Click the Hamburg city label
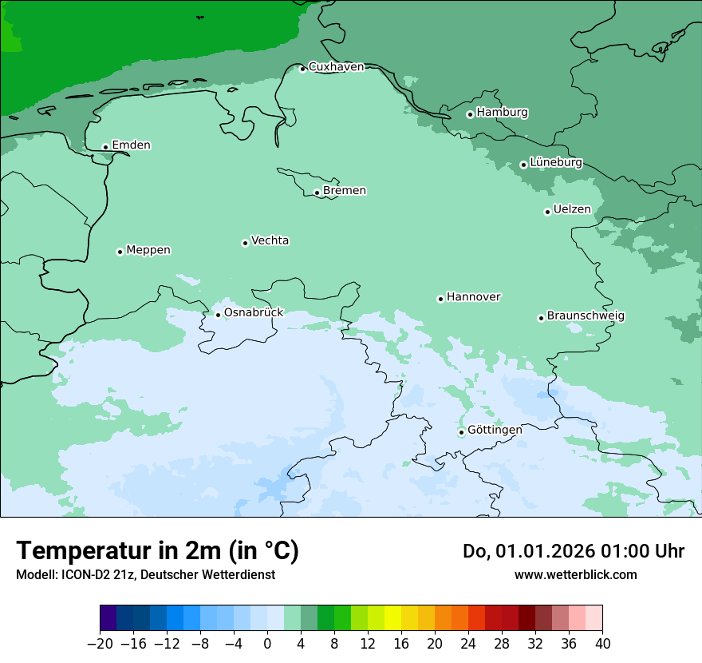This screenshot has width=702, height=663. click(x=502, y=113)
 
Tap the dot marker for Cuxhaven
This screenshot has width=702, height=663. click(x=302, y=69)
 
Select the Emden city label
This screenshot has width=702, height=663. click(x=131, y=145)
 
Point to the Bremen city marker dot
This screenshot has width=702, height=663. click(x=317, y=193)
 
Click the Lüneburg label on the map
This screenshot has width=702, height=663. click(x=555, y=162)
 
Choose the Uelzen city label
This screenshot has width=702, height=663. click(x=572, y=210)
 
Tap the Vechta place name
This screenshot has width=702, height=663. click(x=270, y=240)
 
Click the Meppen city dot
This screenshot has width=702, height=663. click(x=120, y=252)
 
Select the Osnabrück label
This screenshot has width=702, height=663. click(x=253, y=312)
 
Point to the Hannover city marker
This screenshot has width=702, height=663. click(x=440, y=299)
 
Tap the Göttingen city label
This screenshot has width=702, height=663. click(x=495, y=430)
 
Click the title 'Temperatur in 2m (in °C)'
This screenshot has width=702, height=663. click(x=158, y=551)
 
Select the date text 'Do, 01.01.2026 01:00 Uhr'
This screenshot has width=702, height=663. click(x=573, y=551)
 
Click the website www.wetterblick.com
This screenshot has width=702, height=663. click(x=575, y=574)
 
